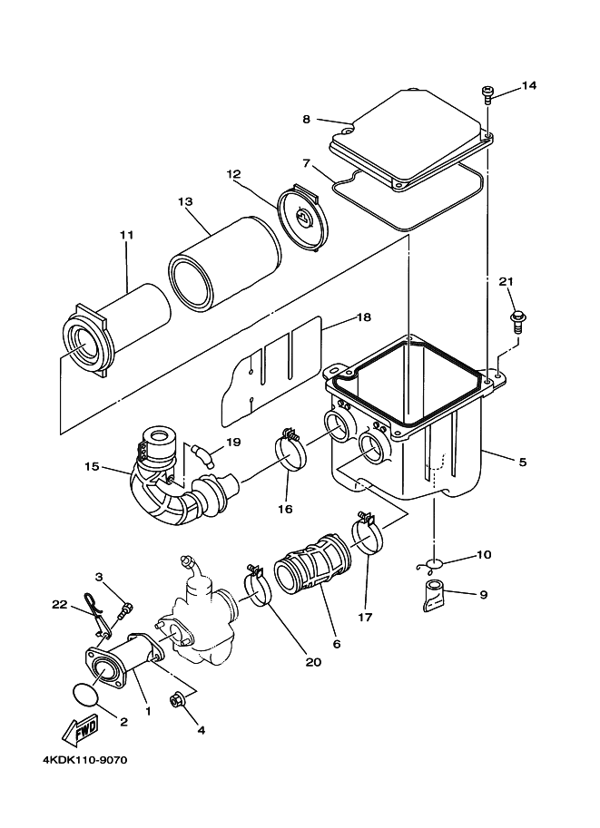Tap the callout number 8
(x=307, y=120)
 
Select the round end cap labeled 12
(x=303, y=218)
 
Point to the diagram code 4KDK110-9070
(x=85, y=761)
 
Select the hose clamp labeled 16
(x=290, y=448)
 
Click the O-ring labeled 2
(x=84, y=694)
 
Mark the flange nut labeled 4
(x=175, y=701)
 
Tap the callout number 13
(x=185, y=201)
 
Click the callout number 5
(x=522, y=462)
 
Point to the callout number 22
(x=60, y=604)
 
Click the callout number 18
(x=364, y=317)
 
